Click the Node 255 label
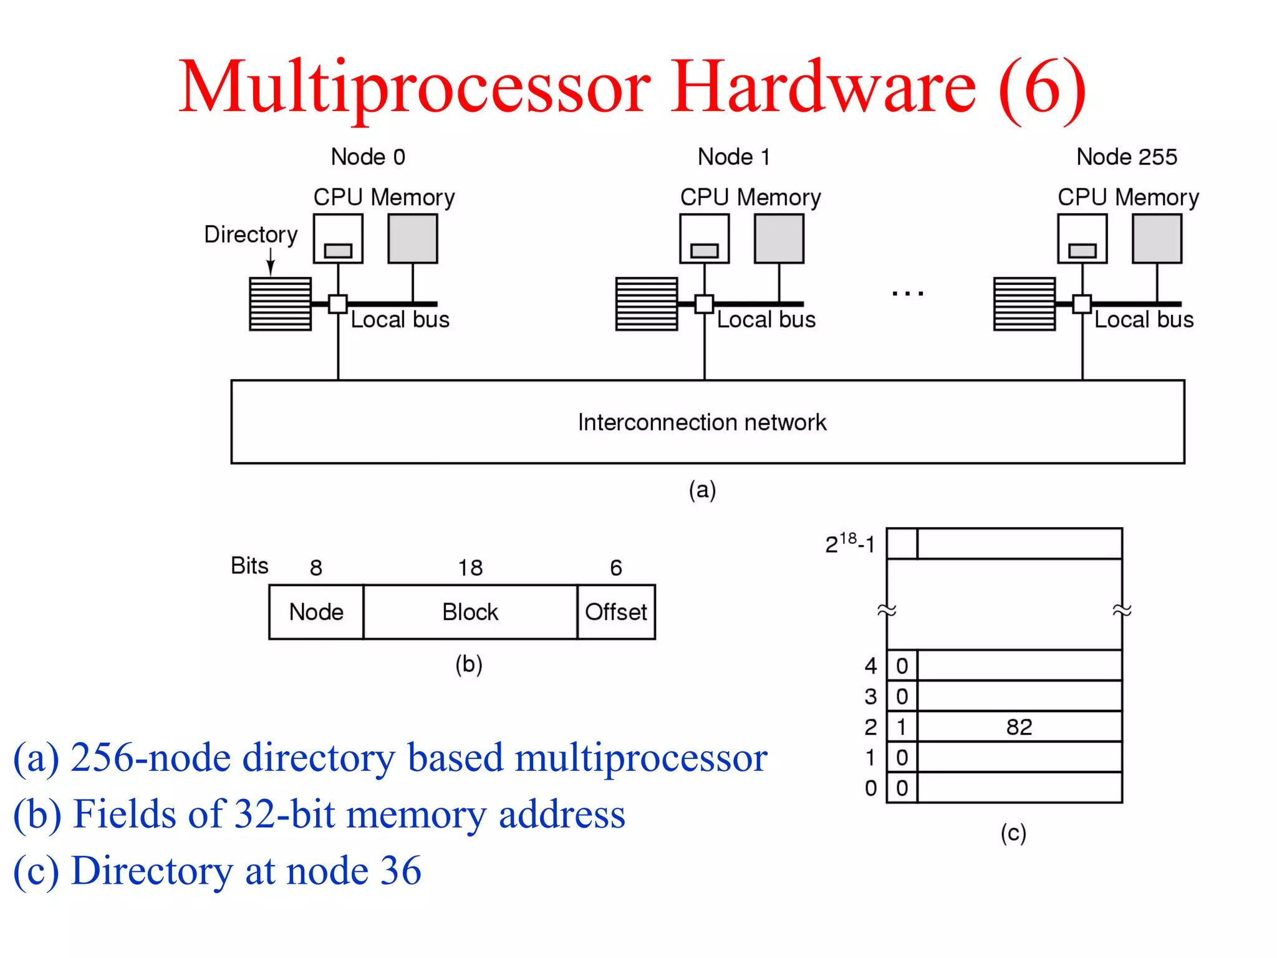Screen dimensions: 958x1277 [x=1126, y=157]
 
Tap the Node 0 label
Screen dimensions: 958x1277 [x=368, y=157]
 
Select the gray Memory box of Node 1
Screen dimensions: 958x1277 [x=779, y=238]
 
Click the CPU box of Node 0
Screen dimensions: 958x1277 [x=338, y=238]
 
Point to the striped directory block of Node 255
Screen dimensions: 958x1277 [x=1024, y=304]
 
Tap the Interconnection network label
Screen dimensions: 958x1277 [x=702, y=422]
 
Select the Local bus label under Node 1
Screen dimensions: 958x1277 [x=766, y=319]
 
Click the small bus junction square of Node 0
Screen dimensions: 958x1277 [x=338, y=304]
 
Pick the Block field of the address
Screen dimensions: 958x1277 [x=470, y=612]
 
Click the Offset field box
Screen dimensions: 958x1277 [x=616, y=612]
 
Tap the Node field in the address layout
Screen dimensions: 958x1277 [x=316, y=612]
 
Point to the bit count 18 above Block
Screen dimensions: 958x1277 [x=470, y=568]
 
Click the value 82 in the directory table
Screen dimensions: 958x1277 [x=1019, y=727]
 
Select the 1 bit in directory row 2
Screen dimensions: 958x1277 [x=902, y=727]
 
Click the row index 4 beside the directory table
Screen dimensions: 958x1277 [x=870, y=665]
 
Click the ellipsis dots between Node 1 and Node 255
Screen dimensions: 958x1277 [x=907, y=293]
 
